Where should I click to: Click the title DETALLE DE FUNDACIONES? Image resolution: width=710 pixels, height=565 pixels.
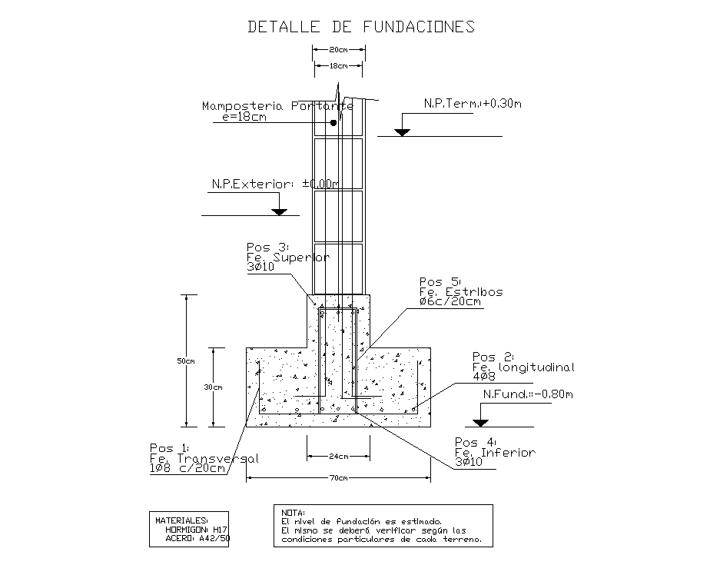pyautogui.click(x=360, y=27)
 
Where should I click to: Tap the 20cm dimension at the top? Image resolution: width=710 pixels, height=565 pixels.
pyautogui.click(x=338, y=50)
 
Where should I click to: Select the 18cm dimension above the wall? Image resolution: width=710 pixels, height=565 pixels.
pyautogui.click(x=338, y=67)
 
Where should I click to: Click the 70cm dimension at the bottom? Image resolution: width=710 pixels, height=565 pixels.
pyautogui.click(x=338, y=478)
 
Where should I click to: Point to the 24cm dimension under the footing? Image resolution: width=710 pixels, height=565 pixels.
pyautogui.click(x=338, y=457)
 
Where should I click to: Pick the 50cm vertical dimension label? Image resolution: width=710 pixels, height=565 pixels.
pyautogui.click(x=185, y=361)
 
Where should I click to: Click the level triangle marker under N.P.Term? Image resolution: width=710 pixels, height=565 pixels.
pyautogui.click(x=402, y=131)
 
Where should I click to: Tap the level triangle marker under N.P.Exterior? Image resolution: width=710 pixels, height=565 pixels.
pyautogui.click(x=279, y=211)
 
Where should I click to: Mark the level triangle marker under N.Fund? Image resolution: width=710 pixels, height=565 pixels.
pyautogui.click(x=481, y=421)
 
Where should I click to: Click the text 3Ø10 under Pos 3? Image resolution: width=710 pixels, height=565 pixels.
pyautogui.click(x=261, y=268)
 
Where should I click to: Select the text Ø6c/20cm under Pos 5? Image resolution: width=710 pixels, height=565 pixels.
pyautogui.click(x=450, y=302)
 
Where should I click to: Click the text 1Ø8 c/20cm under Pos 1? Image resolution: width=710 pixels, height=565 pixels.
pyautogui.click(x=187, y=468)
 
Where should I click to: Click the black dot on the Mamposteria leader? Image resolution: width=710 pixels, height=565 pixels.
pyautogui.click(x=333, y=122)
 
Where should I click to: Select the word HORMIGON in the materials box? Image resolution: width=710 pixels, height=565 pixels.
pyautogui.click(x=187, y=530)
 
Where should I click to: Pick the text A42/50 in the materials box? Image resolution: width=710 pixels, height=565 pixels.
pyautogui.click(x=214, y=538)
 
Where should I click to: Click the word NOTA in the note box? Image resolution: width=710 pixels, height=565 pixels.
pyautogui.click(x=293, y=512)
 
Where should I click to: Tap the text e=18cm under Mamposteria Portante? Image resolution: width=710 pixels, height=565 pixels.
pyautogui.click(x=244, y=117)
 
